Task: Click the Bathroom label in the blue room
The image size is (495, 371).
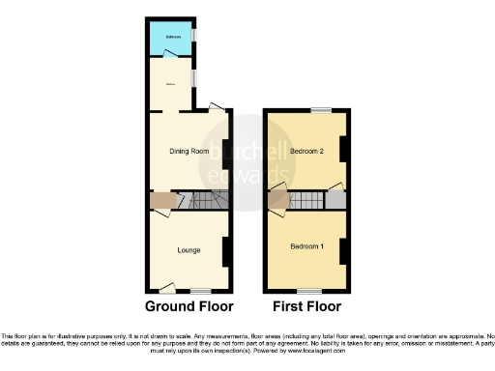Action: point(173,38)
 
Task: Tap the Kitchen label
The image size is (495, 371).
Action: point(171,83)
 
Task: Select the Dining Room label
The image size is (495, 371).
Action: point(189,151)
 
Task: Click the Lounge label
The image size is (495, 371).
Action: point(189,250)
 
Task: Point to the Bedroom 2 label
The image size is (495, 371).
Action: point(306,152)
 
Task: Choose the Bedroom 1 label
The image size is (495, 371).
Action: point(307,247)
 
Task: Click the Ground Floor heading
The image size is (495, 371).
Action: point(189,307)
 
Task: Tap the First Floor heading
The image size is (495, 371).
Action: point(307,307)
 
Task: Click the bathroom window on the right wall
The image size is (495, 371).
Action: point(194,37)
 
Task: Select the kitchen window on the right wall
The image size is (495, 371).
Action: point(194,77)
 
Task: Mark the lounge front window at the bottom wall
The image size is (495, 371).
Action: point(200,290)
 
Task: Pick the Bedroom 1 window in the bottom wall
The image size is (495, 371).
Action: point(309,290)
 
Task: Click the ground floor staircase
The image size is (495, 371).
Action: point(205,201)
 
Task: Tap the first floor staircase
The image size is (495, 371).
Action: point(306,201)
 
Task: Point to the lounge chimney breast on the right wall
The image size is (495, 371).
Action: point(226,252)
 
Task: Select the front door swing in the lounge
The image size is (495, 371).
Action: point(168,286)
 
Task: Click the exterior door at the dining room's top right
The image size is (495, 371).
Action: point(218,107)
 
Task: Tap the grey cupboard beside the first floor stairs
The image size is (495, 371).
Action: point(335,200)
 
